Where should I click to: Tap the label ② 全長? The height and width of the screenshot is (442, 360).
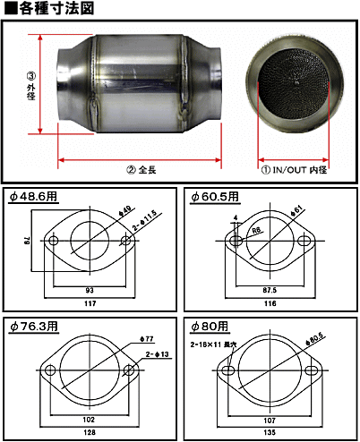pos(141,170)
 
